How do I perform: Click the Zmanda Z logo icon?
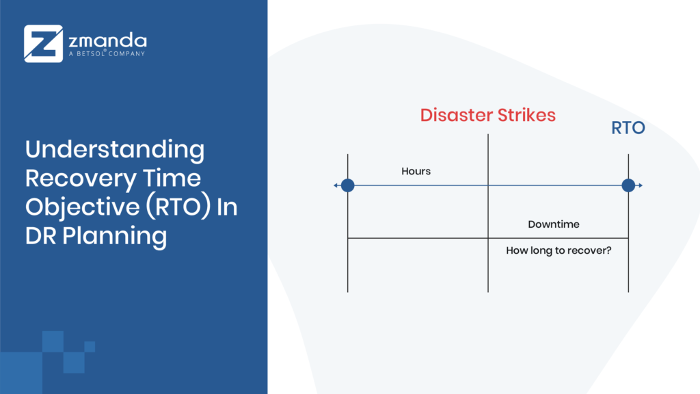44,44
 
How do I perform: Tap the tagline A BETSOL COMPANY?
107,53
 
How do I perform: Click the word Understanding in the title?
115,149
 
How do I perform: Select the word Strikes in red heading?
526,115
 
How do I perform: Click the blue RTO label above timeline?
628,127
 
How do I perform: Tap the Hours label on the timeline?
416,171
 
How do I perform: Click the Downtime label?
554,224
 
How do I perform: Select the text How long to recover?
558,250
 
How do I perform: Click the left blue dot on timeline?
347,185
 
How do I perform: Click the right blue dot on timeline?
628,185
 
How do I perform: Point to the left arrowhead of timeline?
336,185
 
